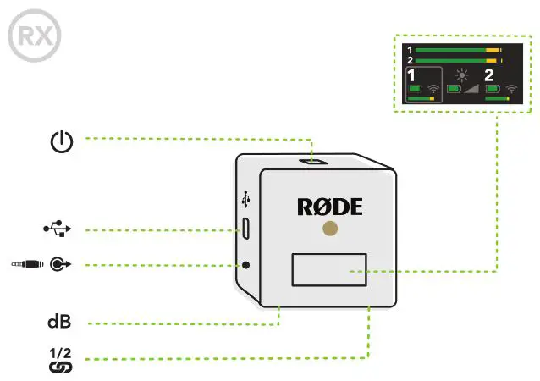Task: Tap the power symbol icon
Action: [x=61, y=142]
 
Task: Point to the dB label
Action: [x=59, y=322]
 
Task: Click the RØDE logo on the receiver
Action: [x=329, y=206]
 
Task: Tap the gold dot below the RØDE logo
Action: [x=330, y=229]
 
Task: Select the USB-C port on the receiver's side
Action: [x=245, y=228]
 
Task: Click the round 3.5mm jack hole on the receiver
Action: [x=246, y=264]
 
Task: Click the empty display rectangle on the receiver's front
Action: [x=329, y=270]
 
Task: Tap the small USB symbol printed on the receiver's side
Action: [x=245, y=201]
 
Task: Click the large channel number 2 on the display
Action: [x=489, y=75]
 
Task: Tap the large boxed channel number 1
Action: [x=413, y=76]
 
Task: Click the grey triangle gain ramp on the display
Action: [x=470, y=88]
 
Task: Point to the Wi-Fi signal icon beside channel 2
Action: [x=511, y=88]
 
